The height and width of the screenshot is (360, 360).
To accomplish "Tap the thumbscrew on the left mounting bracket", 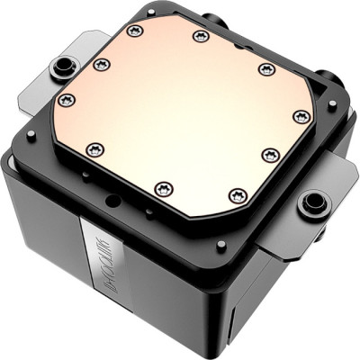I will point(65,68).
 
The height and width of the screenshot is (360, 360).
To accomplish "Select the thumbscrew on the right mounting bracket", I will point(312,202).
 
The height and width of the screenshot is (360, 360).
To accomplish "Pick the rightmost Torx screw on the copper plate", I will point(302,116).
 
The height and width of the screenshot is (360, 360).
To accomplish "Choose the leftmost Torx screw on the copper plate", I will point(66,99).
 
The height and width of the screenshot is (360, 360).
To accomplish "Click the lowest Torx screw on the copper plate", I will point(238,194).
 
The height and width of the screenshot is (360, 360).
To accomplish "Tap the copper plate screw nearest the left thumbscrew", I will point(101,64).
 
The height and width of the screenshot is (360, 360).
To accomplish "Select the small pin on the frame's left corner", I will point(31,134).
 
